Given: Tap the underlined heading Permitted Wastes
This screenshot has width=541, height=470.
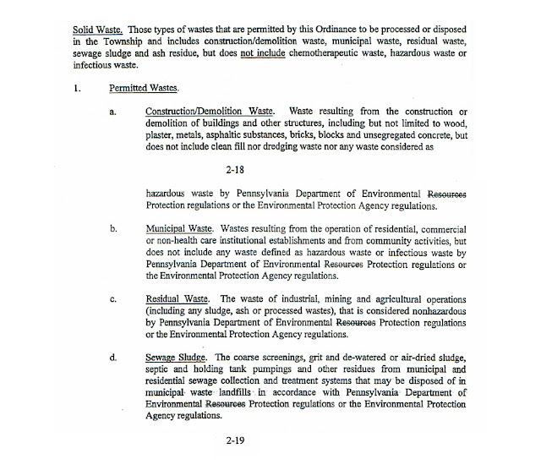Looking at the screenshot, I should (140, 87).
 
